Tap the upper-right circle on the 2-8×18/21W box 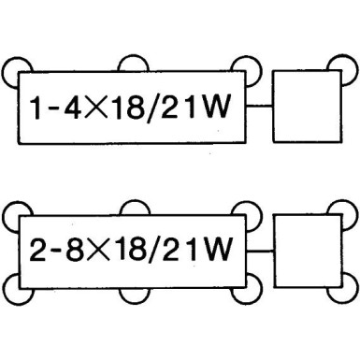pyautogui.click(x=248, y=211)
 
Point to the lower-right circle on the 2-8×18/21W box pyautogui.click(x=248, y=287)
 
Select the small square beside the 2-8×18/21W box pyautogui.click(x=303, y=249)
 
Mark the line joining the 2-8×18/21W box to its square pyautogui.click(x=260, y=250)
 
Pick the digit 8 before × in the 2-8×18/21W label pyautogui.click(x=76, y=251)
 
